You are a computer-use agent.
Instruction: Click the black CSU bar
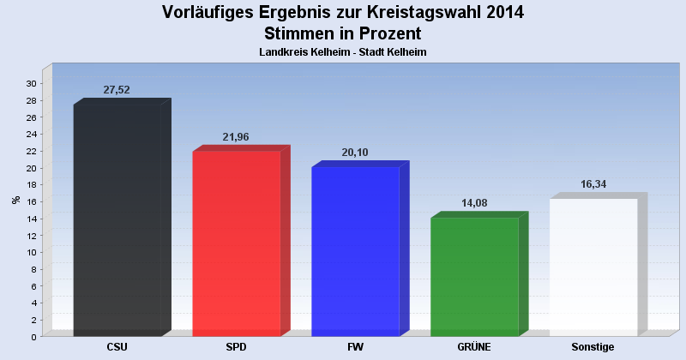pyautogui.click(x=117, y=220)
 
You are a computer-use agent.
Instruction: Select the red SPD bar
pyautogui.click(x=237, y=243)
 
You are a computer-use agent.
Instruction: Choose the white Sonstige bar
pyautogui.click(x=593, y=267)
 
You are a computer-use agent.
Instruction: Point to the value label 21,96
pyautogui.click(x=235, y=137)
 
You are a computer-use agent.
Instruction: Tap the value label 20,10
pyautogui.click(x=353, y=153)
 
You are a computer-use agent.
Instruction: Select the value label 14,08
pyautogui.click(x=472, y=203)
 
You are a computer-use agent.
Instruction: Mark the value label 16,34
pyautogui.click(x=592, y=184)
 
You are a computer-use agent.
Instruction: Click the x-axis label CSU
pyautogui.click(x=117, y=347)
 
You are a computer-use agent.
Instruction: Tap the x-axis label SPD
pyautogui.click(x=237, y=347)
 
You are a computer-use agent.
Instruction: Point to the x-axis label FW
pyautogui.click(x=355, y=347)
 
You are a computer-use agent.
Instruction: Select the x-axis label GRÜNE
pyautogui.click(x=474, y=347)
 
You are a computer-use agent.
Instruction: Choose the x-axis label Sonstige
pyautogui.click(x=593, y=347)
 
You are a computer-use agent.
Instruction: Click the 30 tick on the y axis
pyautogui.click(x=31, y=84)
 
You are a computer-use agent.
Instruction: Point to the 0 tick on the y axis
pyautogui.click(x=33, y=337)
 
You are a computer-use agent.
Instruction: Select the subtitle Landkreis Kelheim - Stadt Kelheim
pyautogui.click(x=343, y=52)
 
